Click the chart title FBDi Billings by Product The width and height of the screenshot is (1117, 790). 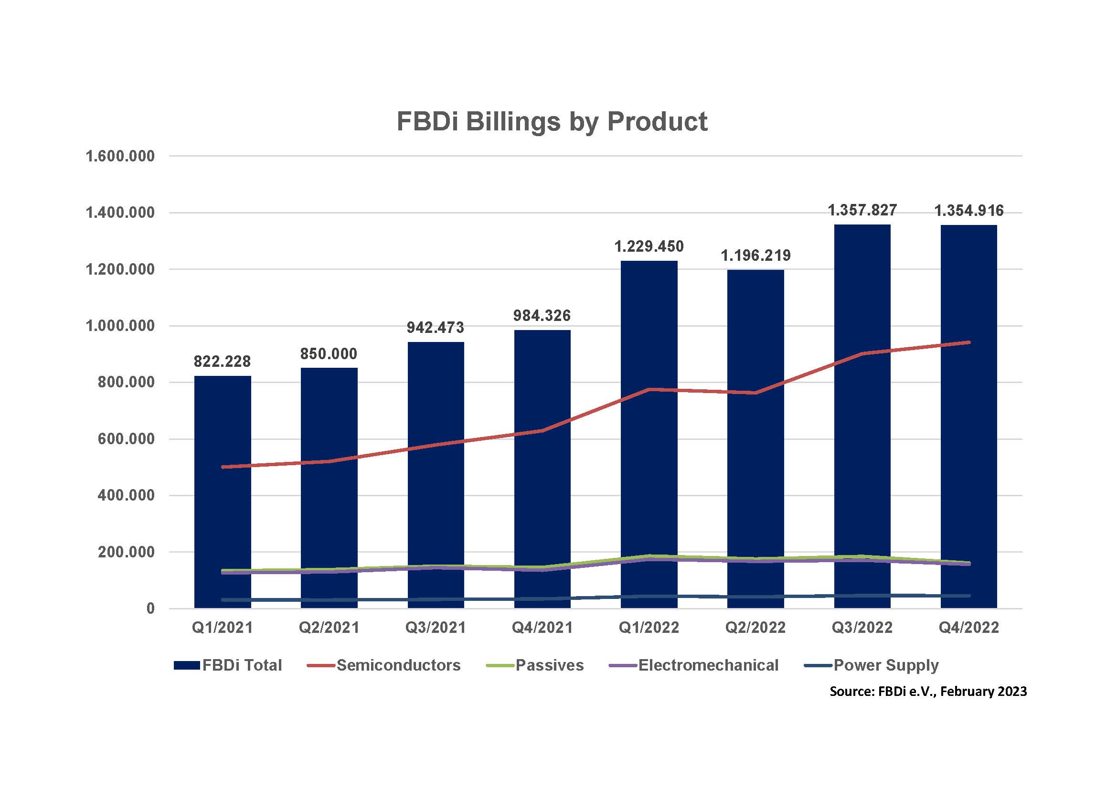click(552, 121)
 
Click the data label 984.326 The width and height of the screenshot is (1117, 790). click(542, 316)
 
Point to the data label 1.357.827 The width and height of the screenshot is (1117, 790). click(862, 210)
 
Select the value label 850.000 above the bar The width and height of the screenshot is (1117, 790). click(329, 353)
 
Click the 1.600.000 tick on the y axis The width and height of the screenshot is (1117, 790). click(120, 156)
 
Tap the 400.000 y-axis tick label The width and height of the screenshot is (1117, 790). click(126, 495)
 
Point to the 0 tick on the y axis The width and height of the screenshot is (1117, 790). click(150, 609)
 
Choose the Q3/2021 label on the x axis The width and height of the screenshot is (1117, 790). click(436, 628)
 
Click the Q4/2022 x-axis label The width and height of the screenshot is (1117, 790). click(968, 628)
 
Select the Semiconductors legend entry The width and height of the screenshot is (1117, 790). click(384, 665)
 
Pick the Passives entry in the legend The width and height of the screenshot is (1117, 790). click(535, 665)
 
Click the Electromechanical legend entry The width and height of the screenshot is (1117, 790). click(694, 665)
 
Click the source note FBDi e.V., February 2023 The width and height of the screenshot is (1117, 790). click(928, 691)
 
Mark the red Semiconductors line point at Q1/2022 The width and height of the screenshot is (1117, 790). click(649, 389)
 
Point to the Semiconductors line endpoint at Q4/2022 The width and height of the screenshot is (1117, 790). click(968, 342)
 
